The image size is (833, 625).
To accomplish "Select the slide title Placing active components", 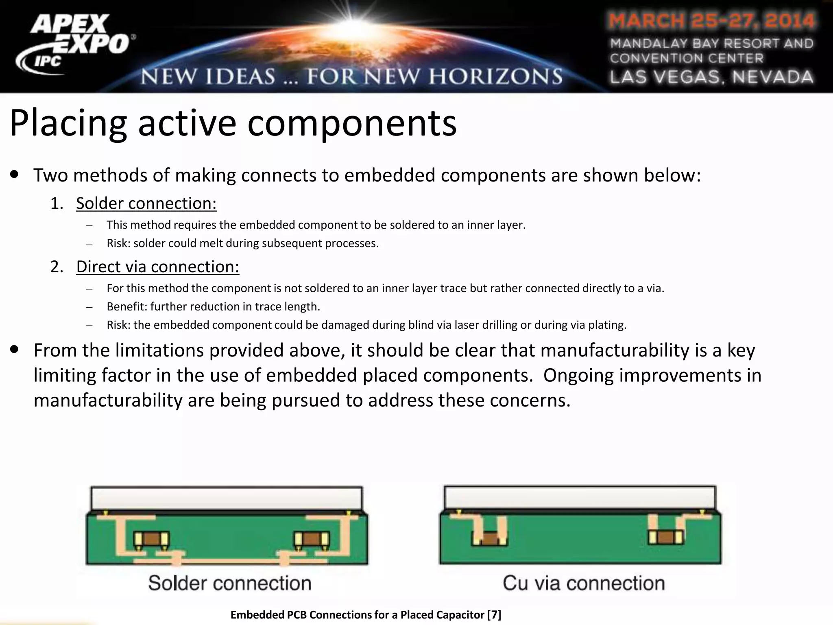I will tap(233, 123).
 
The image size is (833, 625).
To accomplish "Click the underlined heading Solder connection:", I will tap(146, 203).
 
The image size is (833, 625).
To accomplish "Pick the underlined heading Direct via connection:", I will tap(158, 267).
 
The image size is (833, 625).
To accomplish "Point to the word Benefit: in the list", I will tap(127, 306).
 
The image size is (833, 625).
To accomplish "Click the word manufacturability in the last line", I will tap(108, 400).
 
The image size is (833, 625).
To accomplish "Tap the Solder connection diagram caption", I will tap(230, 583).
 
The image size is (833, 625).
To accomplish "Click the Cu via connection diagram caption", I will tap(584, 583).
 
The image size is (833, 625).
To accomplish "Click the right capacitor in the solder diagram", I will tap(312, 540).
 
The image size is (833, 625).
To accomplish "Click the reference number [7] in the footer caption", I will tap(494, 615).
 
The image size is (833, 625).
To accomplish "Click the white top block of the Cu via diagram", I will tap(580, 497).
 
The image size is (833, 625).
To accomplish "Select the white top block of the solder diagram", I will tap(226, 498).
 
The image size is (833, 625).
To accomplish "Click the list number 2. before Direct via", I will tap(57, 267).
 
